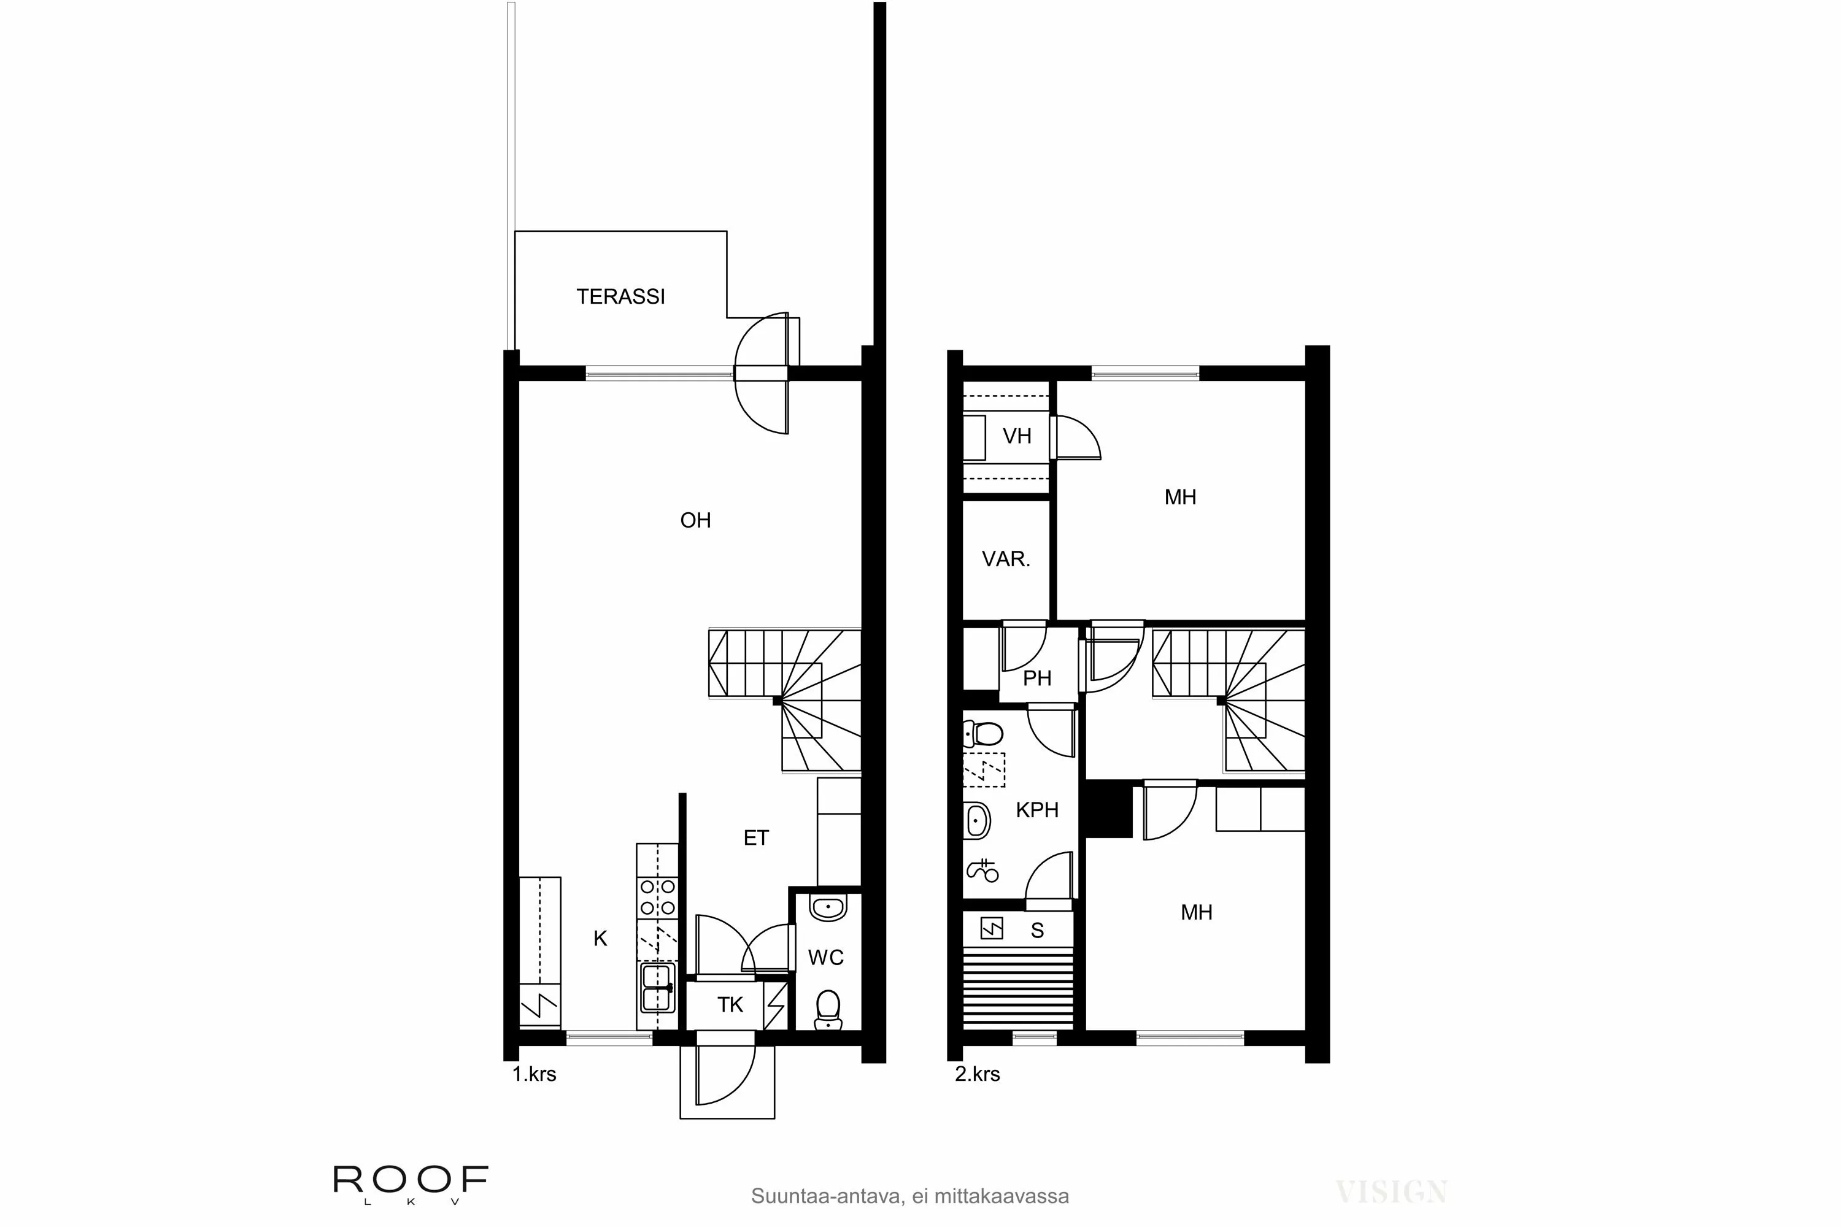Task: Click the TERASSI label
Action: pyautogui.click(x=620, y=296)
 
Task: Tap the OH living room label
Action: pyautogui.click(x=695, y=520)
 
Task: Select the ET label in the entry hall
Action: pyautogui.click(x=755, y=838)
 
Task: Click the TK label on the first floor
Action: pyautogui.click(x=730, y=1005)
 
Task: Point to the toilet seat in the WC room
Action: pyautogui.click(x=827, y=1009)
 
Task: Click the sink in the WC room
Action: pyautogui.click(x=828, y=908)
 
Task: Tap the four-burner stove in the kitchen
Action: pyautogui.click(x=657, y=898)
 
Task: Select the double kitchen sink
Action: pyautogui.click(x=657, y=988)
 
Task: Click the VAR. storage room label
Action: pyautogui.click(x=1006, y=559)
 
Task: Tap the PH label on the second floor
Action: pyautogui.click(x=1037, y=679)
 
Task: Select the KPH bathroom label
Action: pyautogui.click(x=1037, y=810)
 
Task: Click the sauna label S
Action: pyautogui.click(x=1037, y=931)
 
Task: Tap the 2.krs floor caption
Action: pyautogui.click(x=977, y=1074)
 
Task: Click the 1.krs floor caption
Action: pyautogui.click(x=534, y=1074)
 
